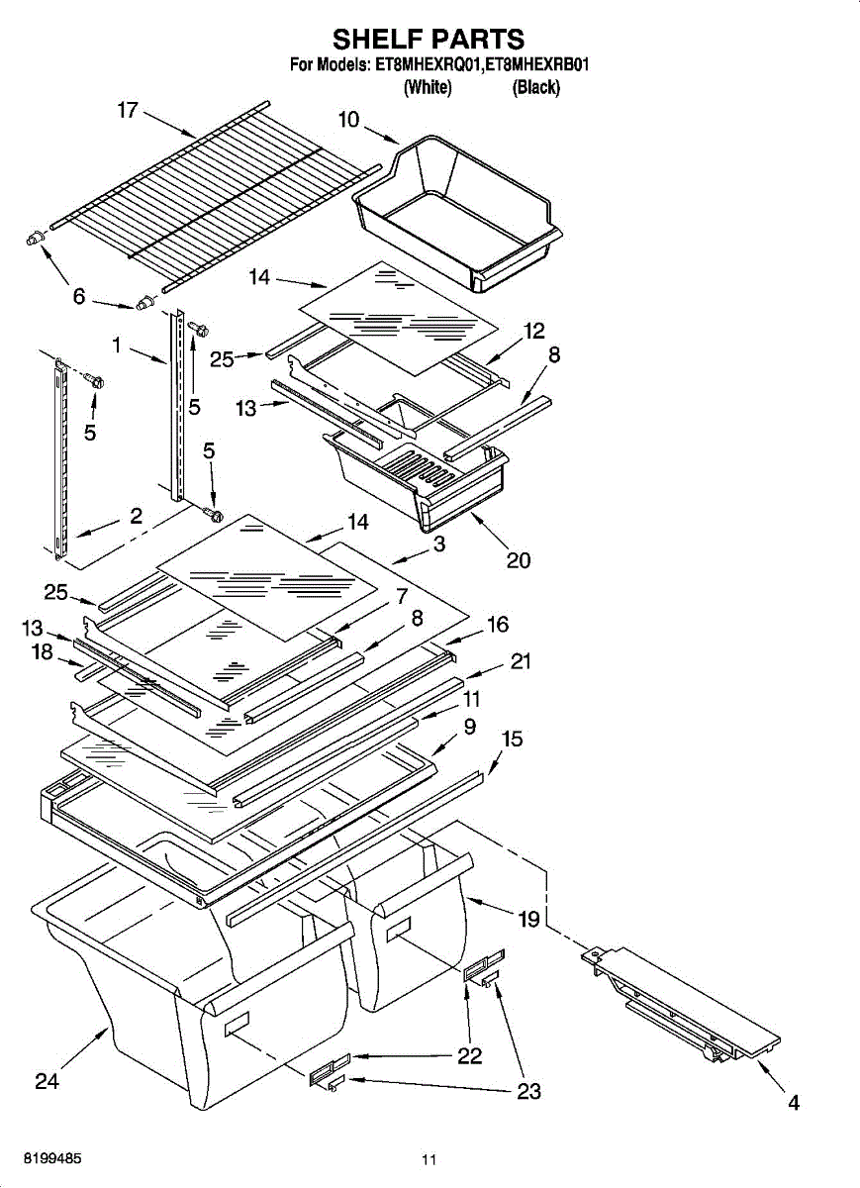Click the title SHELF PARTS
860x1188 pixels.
(x=429, y=39)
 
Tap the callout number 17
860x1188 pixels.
(x=128, y=110)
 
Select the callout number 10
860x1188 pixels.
(x=348, y=120)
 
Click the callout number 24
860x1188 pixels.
(x=47, y=1082)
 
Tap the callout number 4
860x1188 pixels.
(x=793, y=1103)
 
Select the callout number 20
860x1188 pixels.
(x=518, y=560)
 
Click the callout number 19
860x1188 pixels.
(x=528, y=920)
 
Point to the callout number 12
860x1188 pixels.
(x=534, y=331)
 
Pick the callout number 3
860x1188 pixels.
(x=438, y=544)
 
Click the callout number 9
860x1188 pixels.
(x=469, y=727)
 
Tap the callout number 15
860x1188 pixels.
(x=513, y=740)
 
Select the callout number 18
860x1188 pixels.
(x=41, y=652)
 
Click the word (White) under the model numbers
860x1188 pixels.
(x=428, y=88)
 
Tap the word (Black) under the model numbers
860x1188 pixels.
(x=535, y=88)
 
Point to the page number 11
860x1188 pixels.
(x=429, y=1159)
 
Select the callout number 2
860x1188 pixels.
(x=136, y=516)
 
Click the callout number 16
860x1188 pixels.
(x=497, y=624)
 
